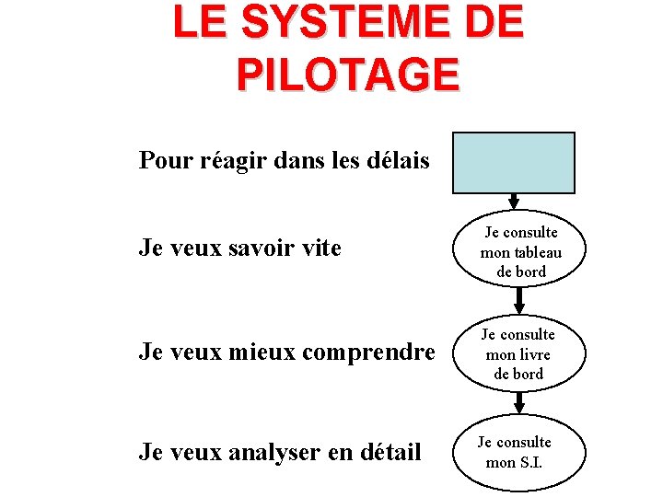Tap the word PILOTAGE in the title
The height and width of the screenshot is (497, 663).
(x=348, y=75)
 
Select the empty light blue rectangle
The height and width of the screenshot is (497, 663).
(x=513, y=162)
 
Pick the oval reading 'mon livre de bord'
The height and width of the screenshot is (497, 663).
(x=519, y=354)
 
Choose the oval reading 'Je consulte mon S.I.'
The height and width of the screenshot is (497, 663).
(x=519, y=452)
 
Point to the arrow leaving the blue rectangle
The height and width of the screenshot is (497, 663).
(x=514, y=201)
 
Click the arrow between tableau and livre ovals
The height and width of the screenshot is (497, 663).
(x=519, y=300)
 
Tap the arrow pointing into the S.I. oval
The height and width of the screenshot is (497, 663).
(x=519, y=402)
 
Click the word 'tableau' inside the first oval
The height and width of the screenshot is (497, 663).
(x=535, y=252)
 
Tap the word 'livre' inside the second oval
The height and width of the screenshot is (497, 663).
(x=535, y=354)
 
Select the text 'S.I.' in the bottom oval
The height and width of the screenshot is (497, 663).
(x=531, y=462)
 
